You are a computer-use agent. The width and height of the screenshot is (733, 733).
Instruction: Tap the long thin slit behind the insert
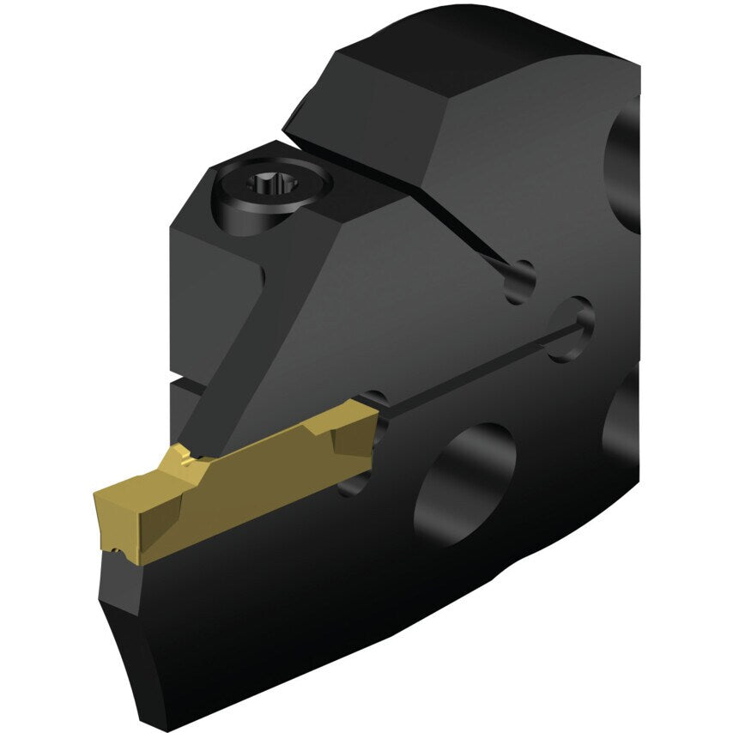[472, 369]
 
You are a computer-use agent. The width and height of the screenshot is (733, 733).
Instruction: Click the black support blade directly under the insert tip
[120, 584]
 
